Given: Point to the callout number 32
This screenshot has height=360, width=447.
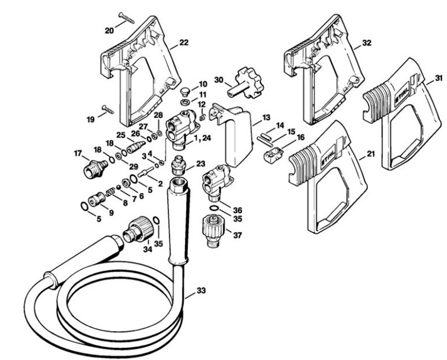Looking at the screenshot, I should click(x=366, y=43).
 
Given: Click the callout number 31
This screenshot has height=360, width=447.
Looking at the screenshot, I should click(x=438, y=79).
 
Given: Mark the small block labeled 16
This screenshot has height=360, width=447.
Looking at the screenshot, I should click(x=271, y=155).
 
